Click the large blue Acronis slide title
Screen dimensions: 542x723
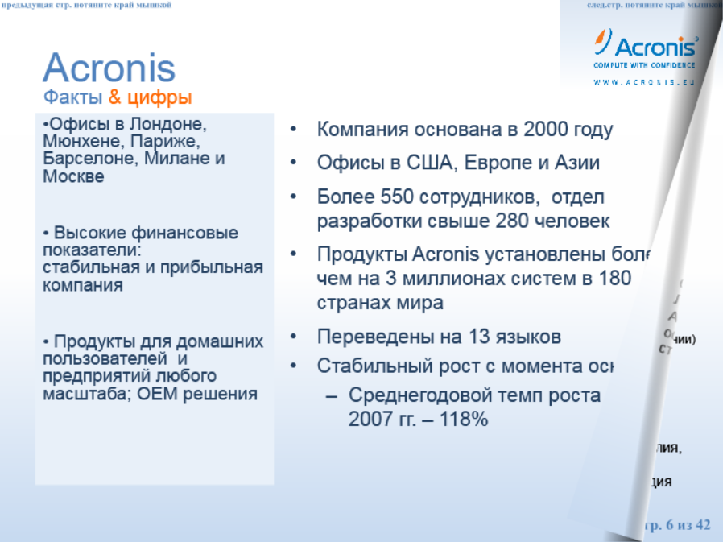(x=109, y=68)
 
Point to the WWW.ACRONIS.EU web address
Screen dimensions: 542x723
(x=643, y=82)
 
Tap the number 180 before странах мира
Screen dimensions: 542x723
(x=614, y=279)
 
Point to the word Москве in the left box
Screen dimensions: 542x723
(x=73, y=176)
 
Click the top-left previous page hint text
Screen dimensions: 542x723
(x=87, y=6)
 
